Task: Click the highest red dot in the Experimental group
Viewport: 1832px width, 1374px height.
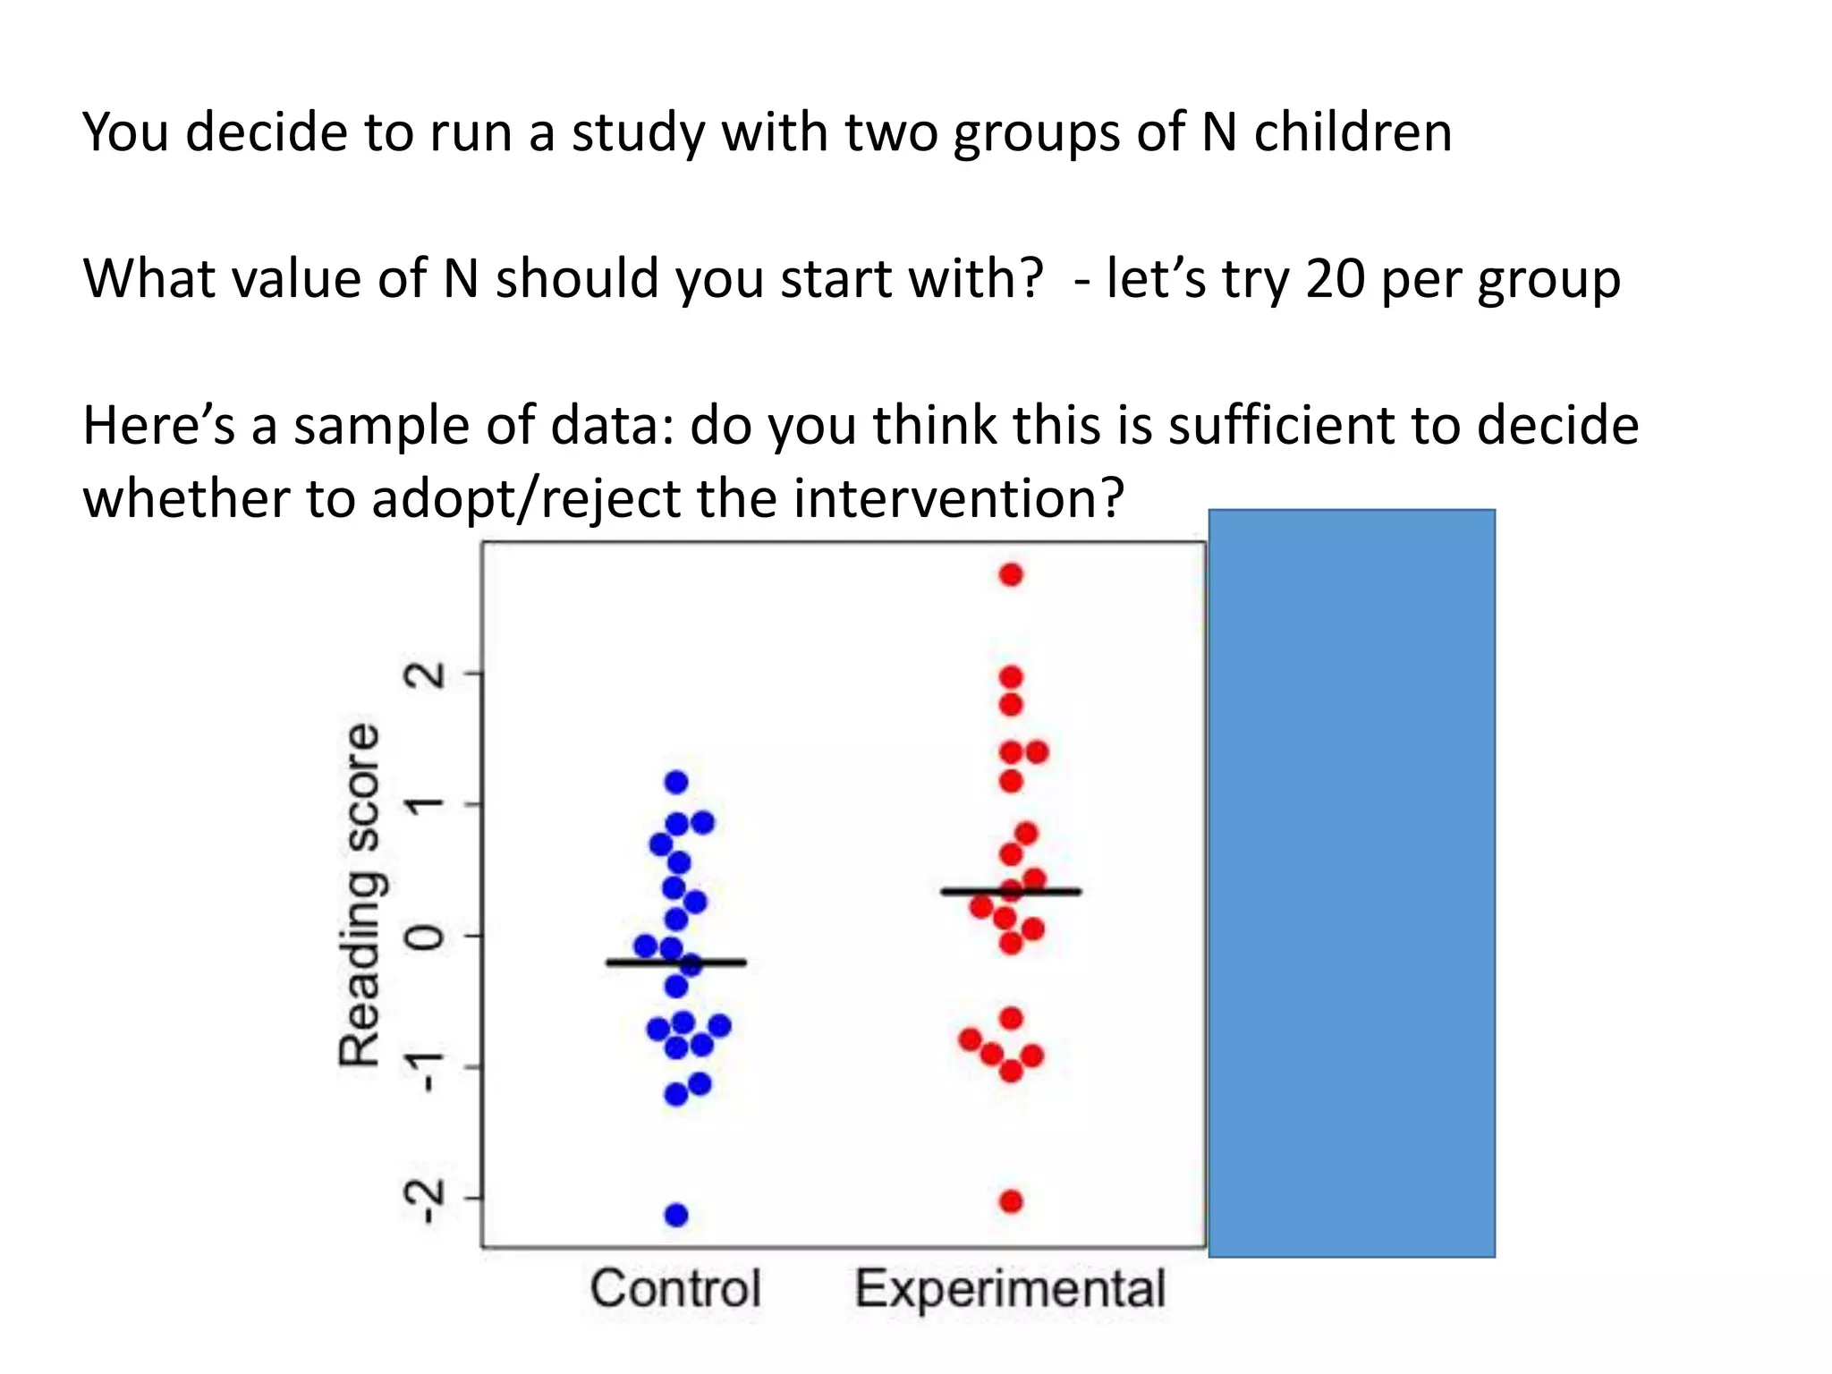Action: (x=1011, y=574)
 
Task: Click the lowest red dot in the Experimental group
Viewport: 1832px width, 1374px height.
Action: (x=1011, y=1201)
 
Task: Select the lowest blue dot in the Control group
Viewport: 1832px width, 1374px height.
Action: (x=676, y=1215)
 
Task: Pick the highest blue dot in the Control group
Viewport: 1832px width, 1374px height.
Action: (x=676, y=782)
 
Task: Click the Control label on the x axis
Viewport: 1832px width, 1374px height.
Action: (x=675, y=1288)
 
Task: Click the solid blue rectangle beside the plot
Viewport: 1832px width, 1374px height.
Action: (x=1351, y=883)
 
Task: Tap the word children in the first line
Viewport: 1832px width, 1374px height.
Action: (x=1353, y=132)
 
